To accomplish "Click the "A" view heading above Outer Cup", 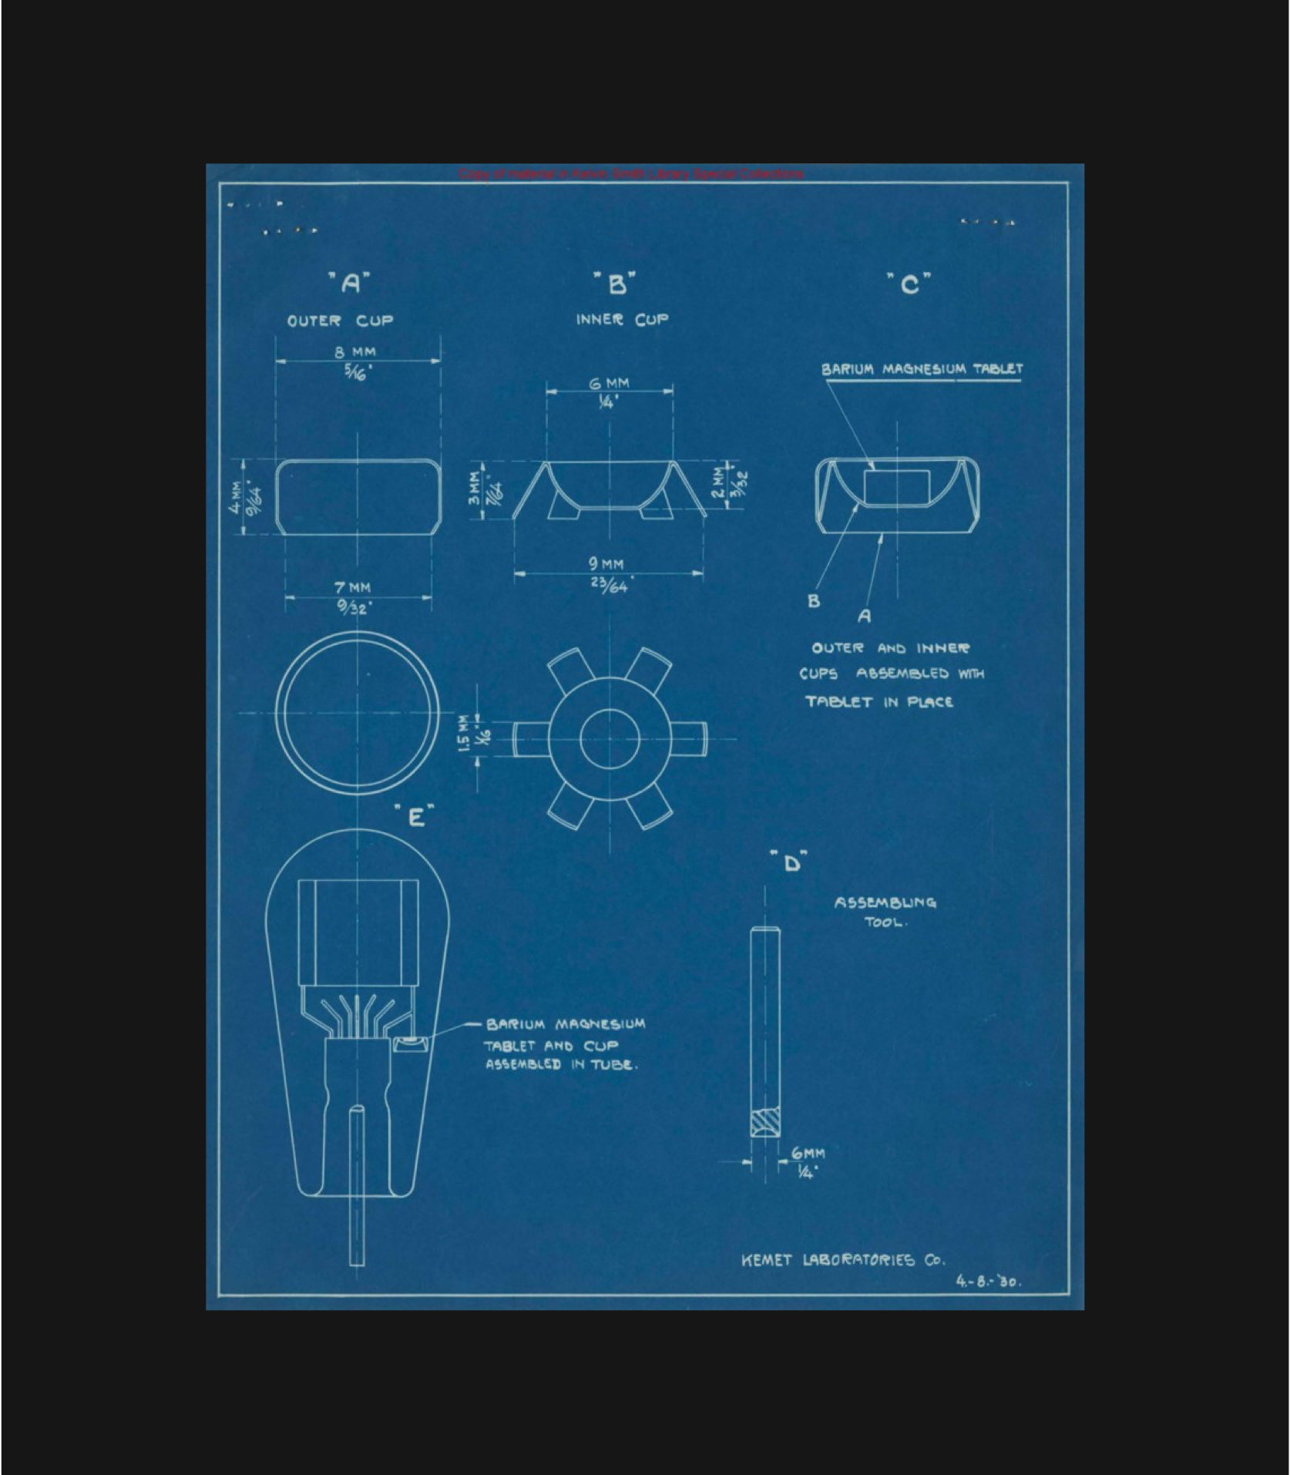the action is point(351,284).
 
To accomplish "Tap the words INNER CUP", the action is point(622,319).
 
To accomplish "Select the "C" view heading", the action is point(909,285).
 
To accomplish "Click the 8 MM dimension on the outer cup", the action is point(355,351).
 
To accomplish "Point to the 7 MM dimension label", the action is point(352,587).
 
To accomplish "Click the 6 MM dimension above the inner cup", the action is point(609,383).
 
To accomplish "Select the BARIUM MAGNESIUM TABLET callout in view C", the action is point(922,369).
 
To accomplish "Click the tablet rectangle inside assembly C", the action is point(897,487).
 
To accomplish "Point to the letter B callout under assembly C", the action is point(814,601).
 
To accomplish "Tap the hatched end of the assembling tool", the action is point(765,1121).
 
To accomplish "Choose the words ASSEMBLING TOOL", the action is point(885,912).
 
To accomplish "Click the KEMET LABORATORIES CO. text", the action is point(842,1260).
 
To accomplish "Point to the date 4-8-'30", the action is point(989,1282).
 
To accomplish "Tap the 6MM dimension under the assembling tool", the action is point(808,1154).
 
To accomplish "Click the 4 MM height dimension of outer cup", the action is point(234,497).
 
